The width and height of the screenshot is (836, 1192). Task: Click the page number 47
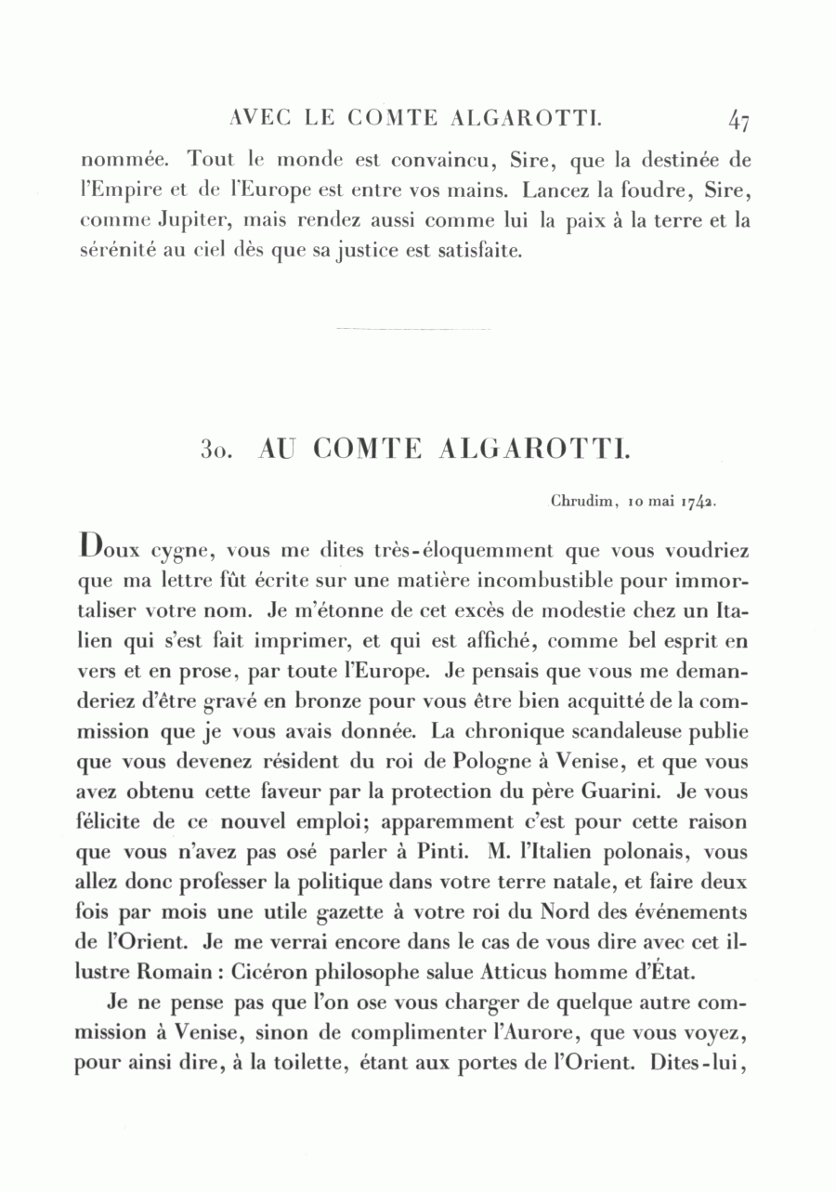pos(739,120)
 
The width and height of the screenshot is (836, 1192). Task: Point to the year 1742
pos(697,502)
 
